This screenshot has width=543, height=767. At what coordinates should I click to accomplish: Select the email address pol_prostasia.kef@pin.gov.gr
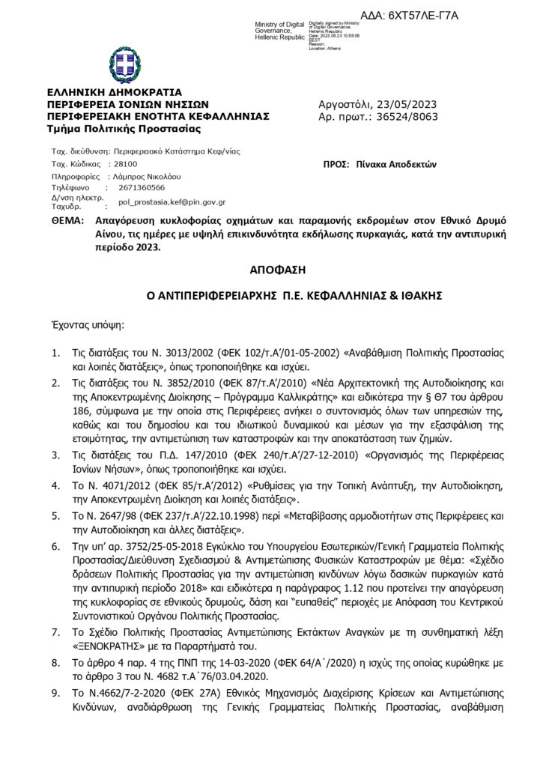tap(172, 202)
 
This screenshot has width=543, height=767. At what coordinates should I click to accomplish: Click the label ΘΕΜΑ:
tap(66, 222)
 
